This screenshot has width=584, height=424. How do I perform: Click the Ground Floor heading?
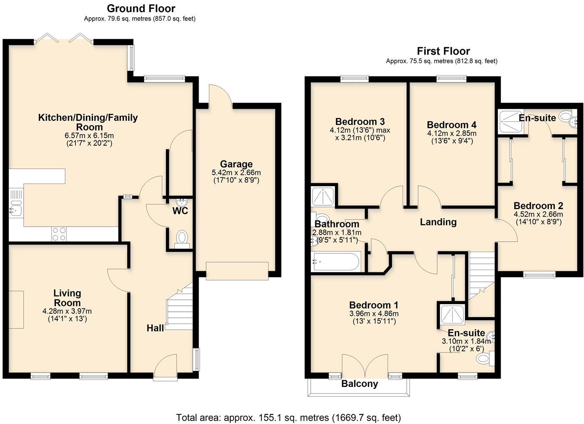click(141, 8)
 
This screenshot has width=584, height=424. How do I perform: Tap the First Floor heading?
click(443, 51)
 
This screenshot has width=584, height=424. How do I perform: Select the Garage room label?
click(236, 164)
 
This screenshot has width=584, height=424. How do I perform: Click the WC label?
click(180, 211)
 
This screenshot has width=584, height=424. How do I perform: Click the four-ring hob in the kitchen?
click(59, 233)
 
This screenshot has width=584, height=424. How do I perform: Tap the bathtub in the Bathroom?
click(336, 262)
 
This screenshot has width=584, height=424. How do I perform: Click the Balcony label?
click(360, 384)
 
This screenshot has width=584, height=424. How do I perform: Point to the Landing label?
click(438, 222)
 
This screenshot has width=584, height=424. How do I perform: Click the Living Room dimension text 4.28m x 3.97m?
click(67, 311)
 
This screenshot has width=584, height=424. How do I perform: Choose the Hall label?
click(155, 328)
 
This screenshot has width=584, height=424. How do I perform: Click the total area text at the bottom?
click(288, 417)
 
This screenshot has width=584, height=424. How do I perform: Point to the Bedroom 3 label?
click(360, 122)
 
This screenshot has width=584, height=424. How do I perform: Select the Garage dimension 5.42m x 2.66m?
click(236, 173)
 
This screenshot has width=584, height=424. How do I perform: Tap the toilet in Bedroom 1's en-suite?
click(484, 358)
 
